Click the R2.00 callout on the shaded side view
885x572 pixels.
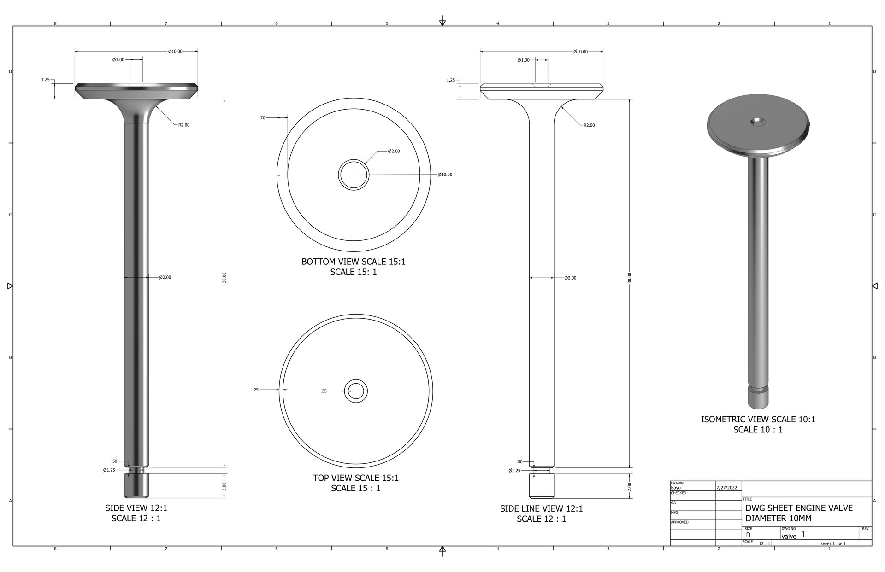(183, 125)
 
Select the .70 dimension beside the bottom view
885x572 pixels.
(262, 118)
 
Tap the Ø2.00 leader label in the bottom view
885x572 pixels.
(394, 151)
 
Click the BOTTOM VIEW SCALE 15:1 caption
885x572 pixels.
(354, 262)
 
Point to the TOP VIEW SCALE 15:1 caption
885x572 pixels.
(355, 478)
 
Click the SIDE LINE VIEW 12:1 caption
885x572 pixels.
(541, 509)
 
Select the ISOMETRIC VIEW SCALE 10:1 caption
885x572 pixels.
(758, 420)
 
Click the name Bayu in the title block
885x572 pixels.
(676, 487)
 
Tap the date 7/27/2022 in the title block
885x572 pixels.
(727, 487)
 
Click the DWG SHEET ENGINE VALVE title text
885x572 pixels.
(799, 508)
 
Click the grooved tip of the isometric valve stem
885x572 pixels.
(758, 397)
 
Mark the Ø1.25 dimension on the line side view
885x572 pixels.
(514, 471)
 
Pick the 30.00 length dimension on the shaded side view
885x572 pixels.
(224, 278)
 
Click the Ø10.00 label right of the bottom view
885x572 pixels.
(445, 175)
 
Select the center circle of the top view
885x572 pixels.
(355, 391)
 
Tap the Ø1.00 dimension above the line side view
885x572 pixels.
(524, 60)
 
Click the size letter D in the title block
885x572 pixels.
(748, 535)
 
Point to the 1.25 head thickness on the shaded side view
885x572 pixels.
(45, 80)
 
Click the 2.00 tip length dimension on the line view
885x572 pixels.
(630, 486)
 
